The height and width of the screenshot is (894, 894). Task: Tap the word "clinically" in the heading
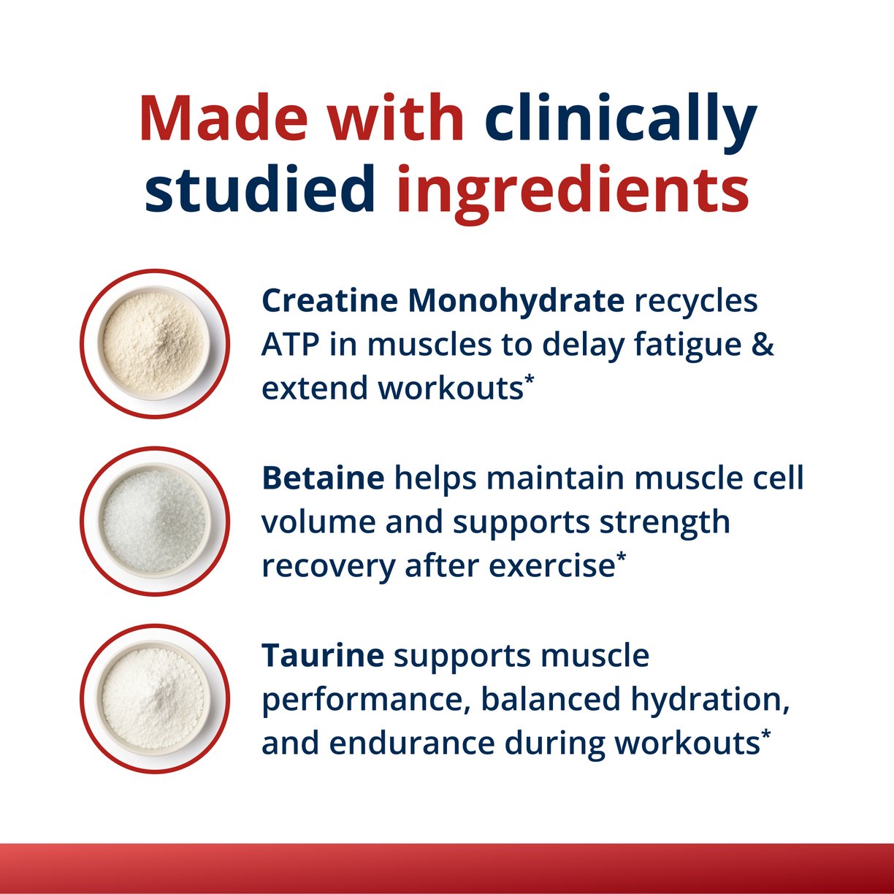(620, 118)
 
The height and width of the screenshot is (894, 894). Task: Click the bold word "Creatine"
(329, 301)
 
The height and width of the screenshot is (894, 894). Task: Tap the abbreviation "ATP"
(290, 345)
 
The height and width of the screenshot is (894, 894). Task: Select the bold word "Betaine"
(323, 478)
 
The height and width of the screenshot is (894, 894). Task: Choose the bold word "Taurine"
(323, 655)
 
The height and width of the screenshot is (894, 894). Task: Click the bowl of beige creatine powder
(154, 343)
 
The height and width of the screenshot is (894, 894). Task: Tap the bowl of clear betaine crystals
(154, 521)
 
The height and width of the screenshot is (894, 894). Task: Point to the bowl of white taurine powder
(154, 698)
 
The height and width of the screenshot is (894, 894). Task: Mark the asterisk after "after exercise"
(621, 558)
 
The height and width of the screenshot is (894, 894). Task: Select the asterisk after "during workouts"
(765, 735)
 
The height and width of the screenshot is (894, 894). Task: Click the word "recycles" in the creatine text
(696, 301)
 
